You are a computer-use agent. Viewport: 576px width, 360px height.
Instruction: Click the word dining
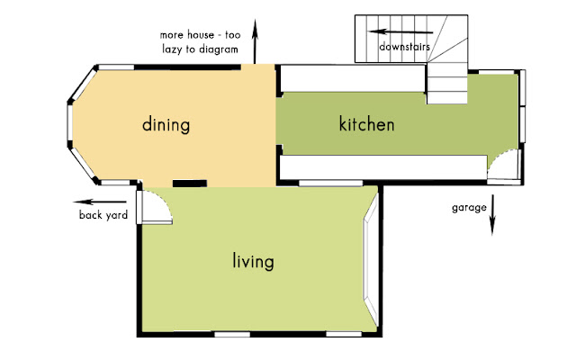[166, 125]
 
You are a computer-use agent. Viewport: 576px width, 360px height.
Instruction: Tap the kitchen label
[366, 124]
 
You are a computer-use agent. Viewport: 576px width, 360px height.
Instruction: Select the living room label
[254, 261]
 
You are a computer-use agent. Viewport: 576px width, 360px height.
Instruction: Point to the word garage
[469, 208]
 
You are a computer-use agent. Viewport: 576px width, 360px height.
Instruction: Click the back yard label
[103, 215]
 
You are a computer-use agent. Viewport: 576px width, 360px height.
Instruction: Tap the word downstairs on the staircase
[404, 47]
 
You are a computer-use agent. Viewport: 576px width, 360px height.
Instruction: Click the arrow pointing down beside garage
[492, 215]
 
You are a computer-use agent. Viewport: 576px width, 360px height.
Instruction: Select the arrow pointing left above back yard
[100, 202]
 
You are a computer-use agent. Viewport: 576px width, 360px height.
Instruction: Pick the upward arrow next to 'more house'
[255, 41]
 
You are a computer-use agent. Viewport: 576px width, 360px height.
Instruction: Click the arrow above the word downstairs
[400, 32]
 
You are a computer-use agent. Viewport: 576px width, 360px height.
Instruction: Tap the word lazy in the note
[172, 49]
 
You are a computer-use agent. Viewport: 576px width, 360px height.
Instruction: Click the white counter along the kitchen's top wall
[353, 78]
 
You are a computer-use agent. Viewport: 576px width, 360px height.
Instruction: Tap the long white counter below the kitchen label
[383, 167]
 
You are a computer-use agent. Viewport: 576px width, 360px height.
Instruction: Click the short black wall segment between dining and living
[190, 184]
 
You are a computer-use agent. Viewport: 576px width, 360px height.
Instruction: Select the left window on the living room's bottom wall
[232, 334]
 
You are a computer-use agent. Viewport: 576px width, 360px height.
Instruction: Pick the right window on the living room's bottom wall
[344, 334]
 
